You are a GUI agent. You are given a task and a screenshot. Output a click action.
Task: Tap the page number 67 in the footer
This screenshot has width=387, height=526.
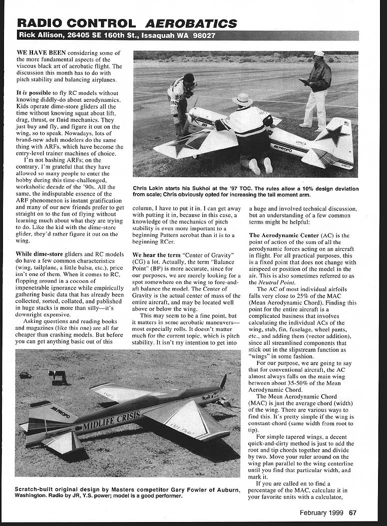353,513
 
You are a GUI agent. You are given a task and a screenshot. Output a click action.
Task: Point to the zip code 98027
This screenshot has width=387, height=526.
202,36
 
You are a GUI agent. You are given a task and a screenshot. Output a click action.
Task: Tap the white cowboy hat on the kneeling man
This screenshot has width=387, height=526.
242,99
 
